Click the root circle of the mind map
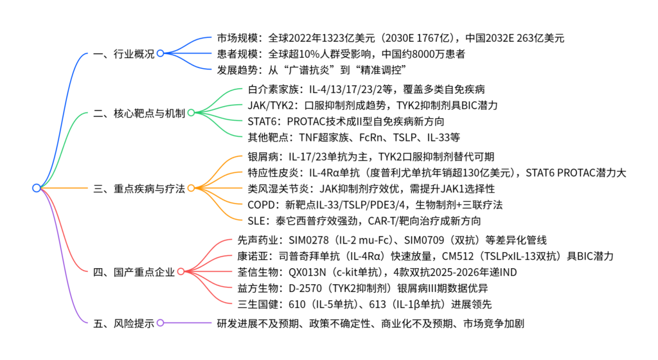click(x=37, y=188)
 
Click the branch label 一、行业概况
click(x=123, y=54)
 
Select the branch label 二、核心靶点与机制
click(x=138, y=114)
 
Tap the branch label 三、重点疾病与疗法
click(x=138, y=188)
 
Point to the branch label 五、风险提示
click(x=123, y=323)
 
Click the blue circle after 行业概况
click(x=160, y=53)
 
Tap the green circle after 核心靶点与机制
click(x=190, y=113)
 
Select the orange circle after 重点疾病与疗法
click(x=191, y=188)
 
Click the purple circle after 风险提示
click(x=160, y=323)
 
